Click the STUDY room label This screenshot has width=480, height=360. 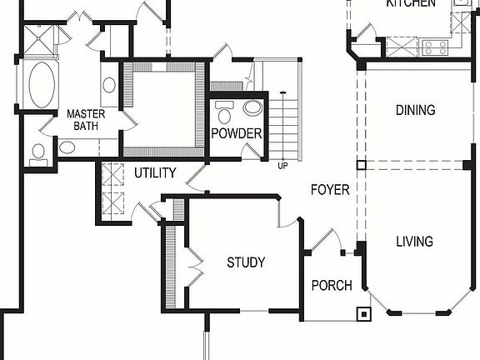pyautogui.click(x=246, y=262)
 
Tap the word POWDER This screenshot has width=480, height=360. pyautogui.click(x=237, y=133)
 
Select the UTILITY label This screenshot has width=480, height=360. pyautogui.click(x=155, y=173)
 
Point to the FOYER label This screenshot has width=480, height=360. pyautogui.click(x=330, y=190)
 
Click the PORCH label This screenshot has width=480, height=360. pyautogui.click(x=332, y=286)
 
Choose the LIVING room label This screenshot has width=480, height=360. pyautogui.click(x=414, y=242)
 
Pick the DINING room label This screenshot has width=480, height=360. pyautogui.click(x=416, y=111)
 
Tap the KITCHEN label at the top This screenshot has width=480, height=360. pyautogui.click(x=411, y=3)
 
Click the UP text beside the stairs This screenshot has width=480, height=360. pyautogui.click(x=283, y=165)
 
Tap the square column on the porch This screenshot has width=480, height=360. pyautogui.click(x=363, y=314)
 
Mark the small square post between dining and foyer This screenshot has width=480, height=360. pyautogui.click(x=360, y=165)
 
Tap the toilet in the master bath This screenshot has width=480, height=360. pyautogui.click(x=37, y=152)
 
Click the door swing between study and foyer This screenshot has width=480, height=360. pyautogui.click(x=286, y=218)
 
